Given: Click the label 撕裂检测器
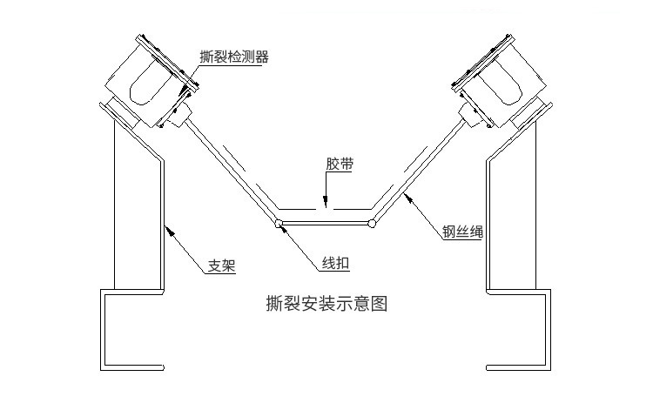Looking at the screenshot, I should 233,57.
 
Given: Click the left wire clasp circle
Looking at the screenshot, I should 279,224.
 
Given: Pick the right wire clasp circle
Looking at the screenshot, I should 372,224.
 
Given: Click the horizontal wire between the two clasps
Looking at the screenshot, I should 325,224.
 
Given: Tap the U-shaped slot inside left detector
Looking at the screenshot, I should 145,84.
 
